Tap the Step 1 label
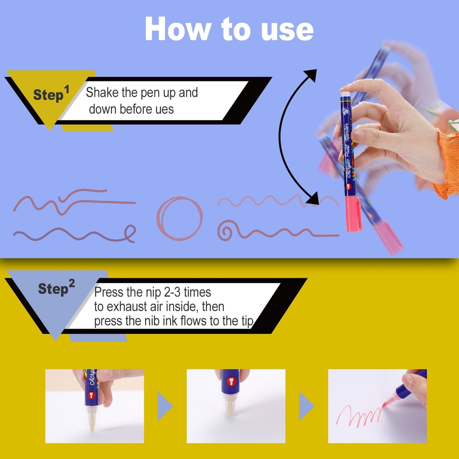click(51, 94)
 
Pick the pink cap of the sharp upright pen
click(353, 214)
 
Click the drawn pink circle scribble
click(179, 219)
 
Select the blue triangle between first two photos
click(165, 406)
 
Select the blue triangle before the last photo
click(306, 406)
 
